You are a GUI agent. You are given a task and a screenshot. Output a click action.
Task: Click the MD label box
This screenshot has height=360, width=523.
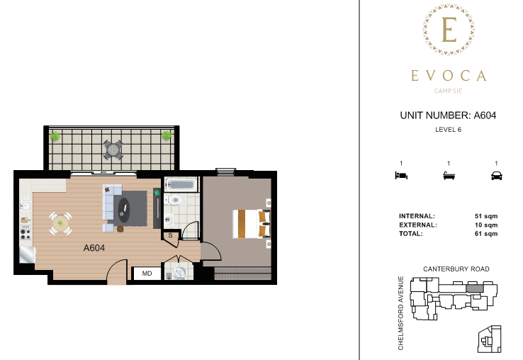(147, 274)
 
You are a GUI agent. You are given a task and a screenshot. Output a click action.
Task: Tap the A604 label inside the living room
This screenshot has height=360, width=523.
(94, 248)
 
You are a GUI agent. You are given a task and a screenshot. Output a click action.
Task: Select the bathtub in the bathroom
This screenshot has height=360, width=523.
(181, 184)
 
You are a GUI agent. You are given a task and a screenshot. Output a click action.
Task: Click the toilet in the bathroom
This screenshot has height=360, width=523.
(174, 200)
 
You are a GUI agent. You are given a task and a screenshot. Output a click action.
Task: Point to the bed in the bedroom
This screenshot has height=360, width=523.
(251, 224)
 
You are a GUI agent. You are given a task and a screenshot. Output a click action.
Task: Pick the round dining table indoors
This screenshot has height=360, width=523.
(60, 223)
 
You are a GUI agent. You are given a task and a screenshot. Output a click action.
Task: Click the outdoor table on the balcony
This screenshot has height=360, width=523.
(113, 150)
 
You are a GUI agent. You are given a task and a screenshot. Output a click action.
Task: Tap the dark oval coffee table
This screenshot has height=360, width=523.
(124, 210)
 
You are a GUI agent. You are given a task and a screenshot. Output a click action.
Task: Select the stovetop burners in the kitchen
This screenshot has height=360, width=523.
(26, 233)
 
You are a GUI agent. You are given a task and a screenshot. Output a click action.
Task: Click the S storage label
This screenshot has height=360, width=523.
(170, 235)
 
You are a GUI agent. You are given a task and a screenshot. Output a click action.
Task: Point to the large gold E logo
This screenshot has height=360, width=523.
(449, 29)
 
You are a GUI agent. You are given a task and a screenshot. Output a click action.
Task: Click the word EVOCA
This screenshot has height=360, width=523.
(449, 76)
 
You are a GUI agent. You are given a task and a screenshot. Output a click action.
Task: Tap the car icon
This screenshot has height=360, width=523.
(496, 176)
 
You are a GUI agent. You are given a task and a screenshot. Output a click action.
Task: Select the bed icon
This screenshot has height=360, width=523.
(401, 176)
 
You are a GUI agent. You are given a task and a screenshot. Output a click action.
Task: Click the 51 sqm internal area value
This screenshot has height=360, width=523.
(486, 216)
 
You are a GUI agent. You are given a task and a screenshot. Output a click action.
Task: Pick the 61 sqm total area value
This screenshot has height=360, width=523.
(486, 234)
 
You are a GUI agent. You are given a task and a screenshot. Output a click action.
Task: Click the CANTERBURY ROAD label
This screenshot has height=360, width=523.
(456, 269)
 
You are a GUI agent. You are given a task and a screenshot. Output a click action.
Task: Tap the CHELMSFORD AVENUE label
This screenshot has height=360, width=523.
(400, 313)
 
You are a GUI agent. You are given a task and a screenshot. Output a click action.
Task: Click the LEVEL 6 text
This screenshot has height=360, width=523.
(448, 130)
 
